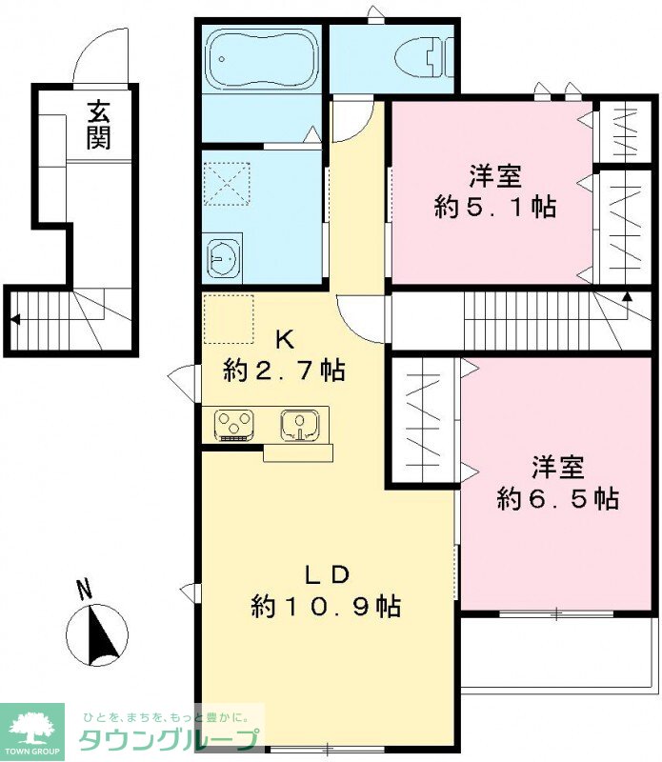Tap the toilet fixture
coord(424,59)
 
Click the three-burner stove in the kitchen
coord(234,425)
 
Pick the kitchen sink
coord(300,425)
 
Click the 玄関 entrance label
coord(99,125)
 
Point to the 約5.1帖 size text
coord(494,208)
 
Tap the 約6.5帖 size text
coord(557,498)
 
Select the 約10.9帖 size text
coord(326,606)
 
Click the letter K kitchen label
coord(285,340)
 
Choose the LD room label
coord(327,575)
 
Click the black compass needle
coord(103,634)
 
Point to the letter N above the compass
coord(85,590)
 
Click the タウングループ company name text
coord(169,741)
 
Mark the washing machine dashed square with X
coord(227,184)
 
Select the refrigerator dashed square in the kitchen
coord(229,319)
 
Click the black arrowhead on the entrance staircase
coord(15,319)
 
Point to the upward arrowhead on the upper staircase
coord(627,295)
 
